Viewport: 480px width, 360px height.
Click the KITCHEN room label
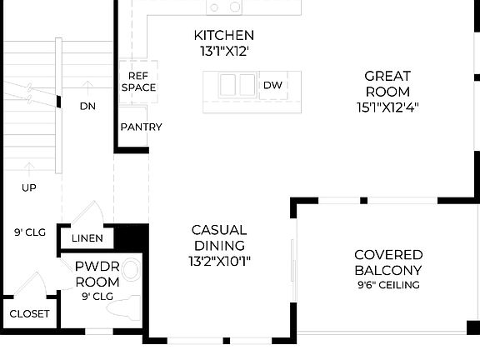click(223, 35)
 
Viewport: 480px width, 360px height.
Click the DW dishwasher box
click(273, 85)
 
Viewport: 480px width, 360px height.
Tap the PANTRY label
click(141, 127)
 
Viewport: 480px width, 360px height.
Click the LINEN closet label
click(87, 238)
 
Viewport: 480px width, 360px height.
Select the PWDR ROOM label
click(97, 275)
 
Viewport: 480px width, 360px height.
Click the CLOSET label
click(29, 314)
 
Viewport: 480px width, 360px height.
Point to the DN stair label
click(87, 106)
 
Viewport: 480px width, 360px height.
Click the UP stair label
click(29, 187)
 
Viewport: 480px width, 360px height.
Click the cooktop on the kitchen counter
click(224, 7)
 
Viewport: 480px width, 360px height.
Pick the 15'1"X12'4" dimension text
click(387, 107)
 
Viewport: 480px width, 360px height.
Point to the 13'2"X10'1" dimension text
click(219, 261)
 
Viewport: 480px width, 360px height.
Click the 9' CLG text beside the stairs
click(29, 232)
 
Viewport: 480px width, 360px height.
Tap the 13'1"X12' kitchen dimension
click(222, 51)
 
